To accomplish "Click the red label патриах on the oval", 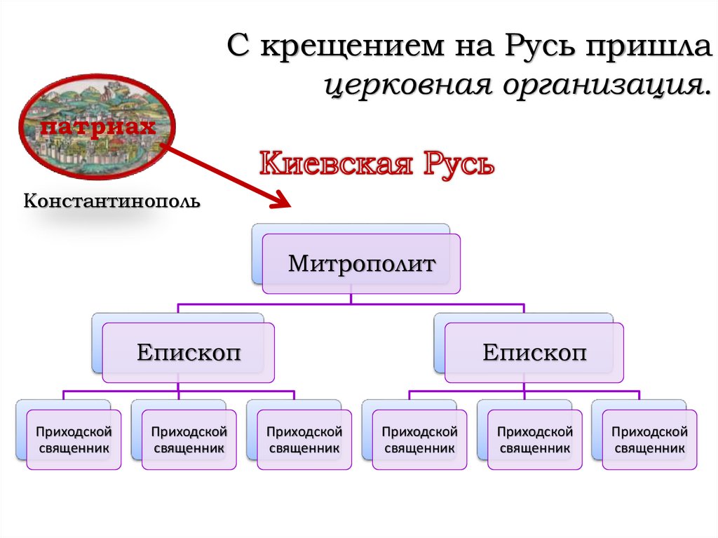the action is point(97,127).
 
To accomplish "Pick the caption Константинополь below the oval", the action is point(112,202).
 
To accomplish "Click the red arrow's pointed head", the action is point(283,203).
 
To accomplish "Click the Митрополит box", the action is point(362,264).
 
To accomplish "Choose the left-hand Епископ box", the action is point(188,352).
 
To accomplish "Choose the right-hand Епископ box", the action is point(534,352).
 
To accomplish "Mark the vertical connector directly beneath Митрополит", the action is point(351,299).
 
